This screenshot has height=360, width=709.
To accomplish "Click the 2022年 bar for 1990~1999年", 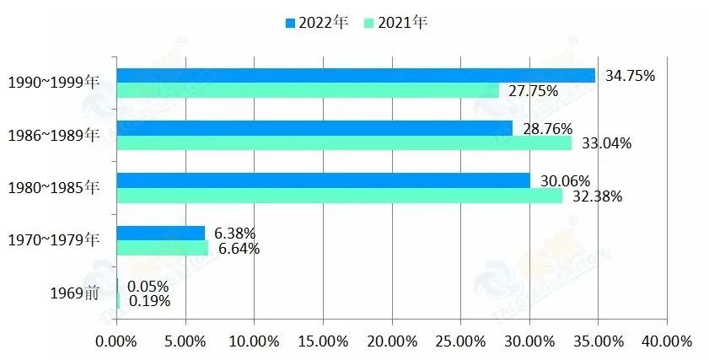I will (355, 75).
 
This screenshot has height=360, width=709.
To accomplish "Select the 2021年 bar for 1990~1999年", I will (307, 90).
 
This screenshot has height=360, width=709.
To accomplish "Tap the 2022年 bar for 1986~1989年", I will (314, 128).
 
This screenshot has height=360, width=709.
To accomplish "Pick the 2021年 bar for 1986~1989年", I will (343, 143).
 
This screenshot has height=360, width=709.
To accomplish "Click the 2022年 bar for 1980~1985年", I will (323, 180).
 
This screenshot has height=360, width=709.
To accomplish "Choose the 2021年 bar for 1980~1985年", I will (339, 196).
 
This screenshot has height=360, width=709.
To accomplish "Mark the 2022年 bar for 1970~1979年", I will (160, 234).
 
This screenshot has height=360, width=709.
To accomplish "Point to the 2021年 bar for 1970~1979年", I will (162, 249).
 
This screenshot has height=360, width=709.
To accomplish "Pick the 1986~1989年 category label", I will (53, 135).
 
